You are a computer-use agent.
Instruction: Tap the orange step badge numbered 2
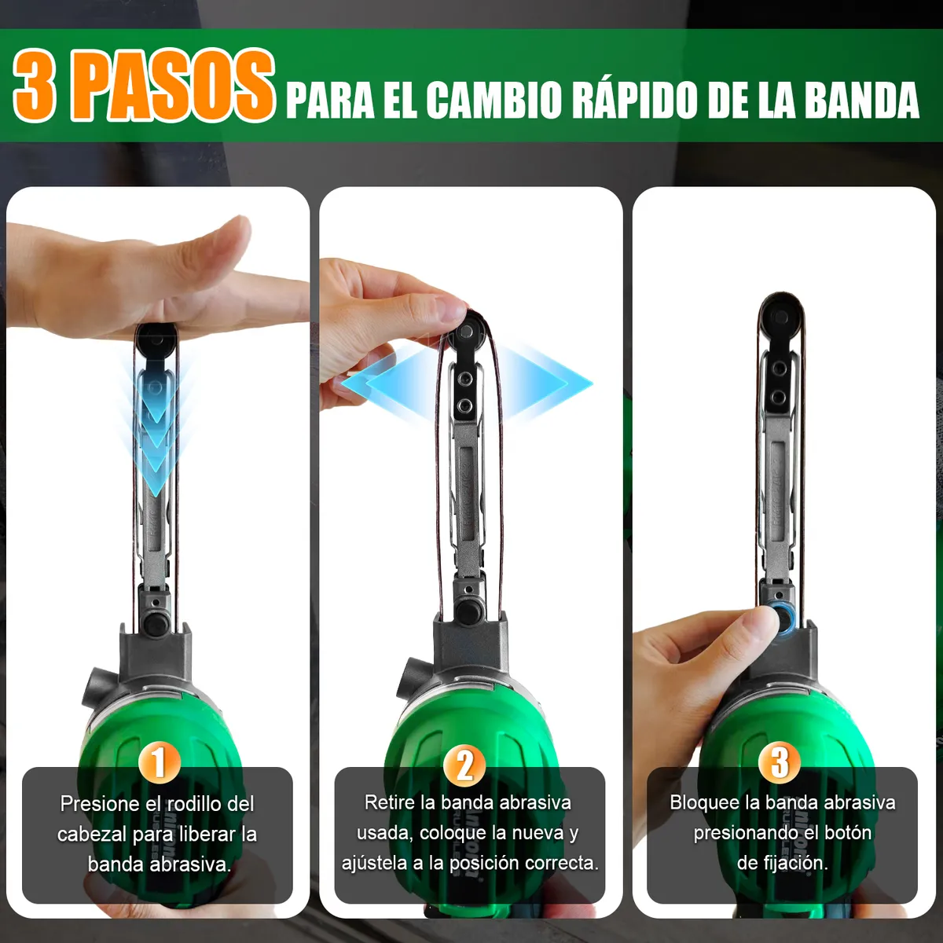click(464, 764)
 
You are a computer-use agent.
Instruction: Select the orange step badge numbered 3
click(779, 762)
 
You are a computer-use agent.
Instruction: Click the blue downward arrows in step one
click(156, 424)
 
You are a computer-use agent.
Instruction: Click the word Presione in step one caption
click(100, 804)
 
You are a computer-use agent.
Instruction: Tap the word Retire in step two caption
click(390, 802)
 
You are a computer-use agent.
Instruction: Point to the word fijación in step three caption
click(795, 863)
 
